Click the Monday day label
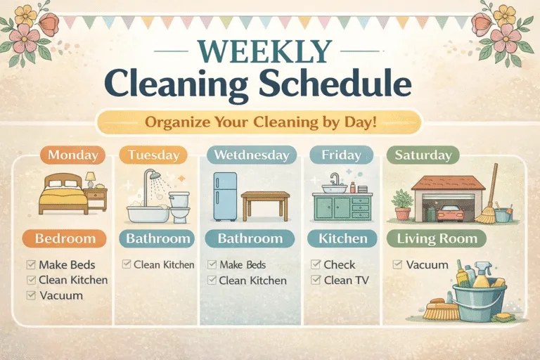[x=72, y=155]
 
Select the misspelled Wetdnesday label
[x=250, y=155]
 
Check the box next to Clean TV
[x=316, y=281]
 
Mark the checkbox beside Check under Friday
[x=316, y=265]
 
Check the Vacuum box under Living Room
[x=398, y=265]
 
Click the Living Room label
[x=437, y=239]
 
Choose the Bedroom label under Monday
[x=65, y=239]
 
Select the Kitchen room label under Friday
[x=342, y=239]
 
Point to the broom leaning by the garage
[x=489, y=197]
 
